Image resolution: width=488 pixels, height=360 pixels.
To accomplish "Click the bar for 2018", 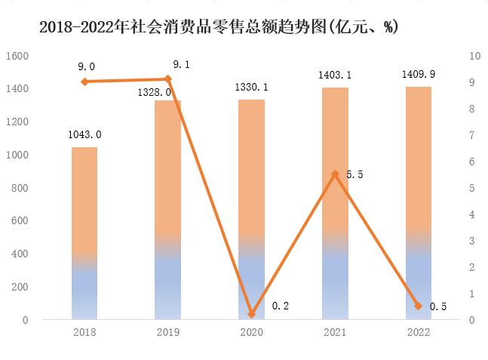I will click(84, 233).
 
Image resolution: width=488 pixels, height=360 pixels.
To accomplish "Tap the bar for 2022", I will click(419, 203).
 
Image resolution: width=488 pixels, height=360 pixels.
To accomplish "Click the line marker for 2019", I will click(168, 79).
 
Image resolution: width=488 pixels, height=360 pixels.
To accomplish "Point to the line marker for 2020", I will click(252, 314).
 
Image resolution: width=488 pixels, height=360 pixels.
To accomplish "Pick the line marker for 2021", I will click(335, 174).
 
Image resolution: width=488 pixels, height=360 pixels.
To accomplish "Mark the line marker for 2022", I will click(419, 306).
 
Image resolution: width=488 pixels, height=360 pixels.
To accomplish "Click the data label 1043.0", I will click(84, 135).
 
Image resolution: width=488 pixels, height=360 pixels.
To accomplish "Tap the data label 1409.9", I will click(419, 74).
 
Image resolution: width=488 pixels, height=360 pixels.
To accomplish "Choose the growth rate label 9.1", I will click(181, 65).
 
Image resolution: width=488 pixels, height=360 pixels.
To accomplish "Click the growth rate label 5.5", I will click(354, 174).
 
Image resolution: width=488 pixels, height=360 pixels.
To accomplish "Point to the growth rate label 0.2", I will click(281, 306).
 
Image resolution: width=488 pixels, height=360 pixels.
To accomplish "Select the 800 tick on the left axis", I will click(20, 188).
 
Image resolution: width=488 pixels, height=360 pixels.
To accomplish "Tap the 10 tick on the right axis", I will click(475, 56).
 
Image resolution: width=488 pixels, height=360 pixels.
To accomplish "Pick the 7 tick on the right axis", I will click(472, 135).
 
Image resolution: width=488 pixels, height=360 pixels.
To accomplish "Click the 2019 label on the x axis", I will click(168, 333).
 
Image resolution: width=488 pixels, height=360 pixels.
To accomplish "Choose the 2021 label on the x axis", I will click(335, 333).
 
